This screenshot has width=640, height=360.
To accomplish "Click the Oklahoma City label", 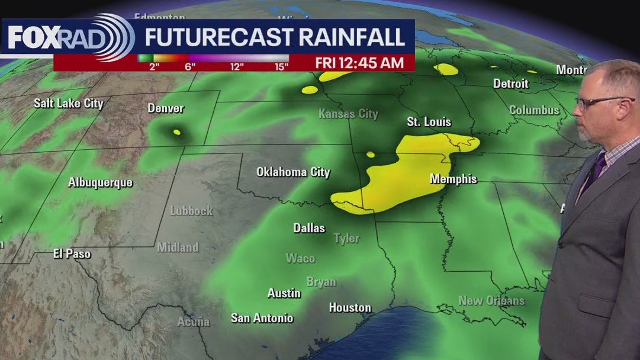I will coord(293,172).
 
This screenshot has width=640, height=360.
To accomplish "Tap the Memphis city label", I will coord(453,179).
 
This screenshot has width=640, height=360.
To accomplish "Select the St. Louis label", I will coord(429,122).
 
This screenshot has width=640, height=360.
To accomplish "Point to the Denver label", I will coord(165,108).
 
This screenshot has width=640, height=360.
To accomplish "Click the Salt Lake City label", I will coord(68,103).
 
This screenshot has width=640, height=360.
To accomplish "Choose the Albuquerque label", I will coord(100,182).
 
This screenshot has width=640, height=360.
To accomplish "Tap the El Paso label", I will coord(72,253).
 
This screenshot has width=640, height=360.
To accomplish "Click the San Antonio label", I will coord(262,318).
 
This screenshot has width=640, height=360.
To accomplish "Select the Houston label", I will coord(350,307).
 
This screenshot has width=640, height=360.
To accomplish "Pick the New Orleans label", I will coord(491,301).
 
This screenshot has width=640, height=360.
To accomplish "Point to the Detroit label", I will coord(510,83).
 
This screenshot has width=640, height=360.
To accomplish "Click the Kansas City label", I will coord(348,114).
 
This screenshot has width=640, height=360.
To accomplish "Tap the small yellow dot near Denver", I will coord(176,132).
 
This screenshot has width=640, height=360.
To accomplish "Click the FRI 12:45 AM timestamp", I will coord(359,63).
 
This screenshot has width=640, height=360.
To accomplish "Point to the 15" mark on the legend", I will coord(281,66).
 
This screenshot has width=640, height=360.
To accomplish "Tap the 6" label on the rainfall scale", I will coord(189,66).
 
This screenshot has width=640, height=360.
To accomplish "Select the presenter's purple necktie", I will coord(594,169).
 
